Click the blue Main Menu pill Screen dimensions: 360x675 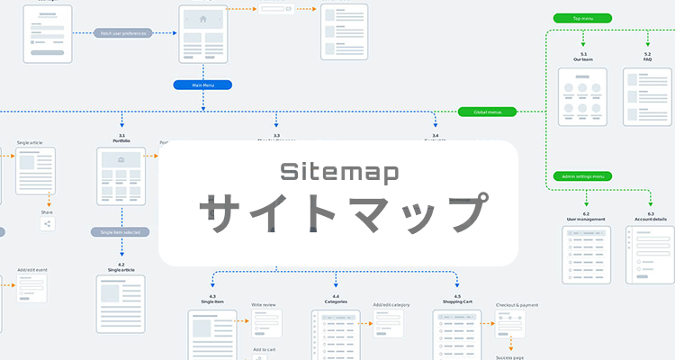pos(202,85)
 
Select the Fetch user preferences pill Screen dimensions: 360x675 pos(122,33)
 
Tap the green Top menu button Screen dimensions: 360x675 pos(582,18)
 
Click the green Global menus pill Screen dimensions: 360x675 pos(487,112)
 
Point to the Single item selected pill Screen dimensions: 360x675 pos(120,232)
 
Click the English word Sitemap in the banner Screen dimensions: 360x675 pos(338,172)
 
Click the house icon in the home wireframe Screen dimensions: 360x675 pos(202,19)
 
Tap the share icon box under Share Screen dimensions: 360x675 pos(47,223)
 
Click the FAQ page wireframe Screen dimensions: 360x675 pos(648,97)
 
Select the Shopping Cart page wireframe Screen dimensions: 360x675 pos(457,335)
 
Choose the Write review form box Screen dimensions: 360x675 pos(266,323)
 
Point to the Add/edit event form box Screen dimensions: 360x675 pos(31,289)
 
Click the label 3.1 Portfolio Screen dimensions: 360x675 pos(121,139)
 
